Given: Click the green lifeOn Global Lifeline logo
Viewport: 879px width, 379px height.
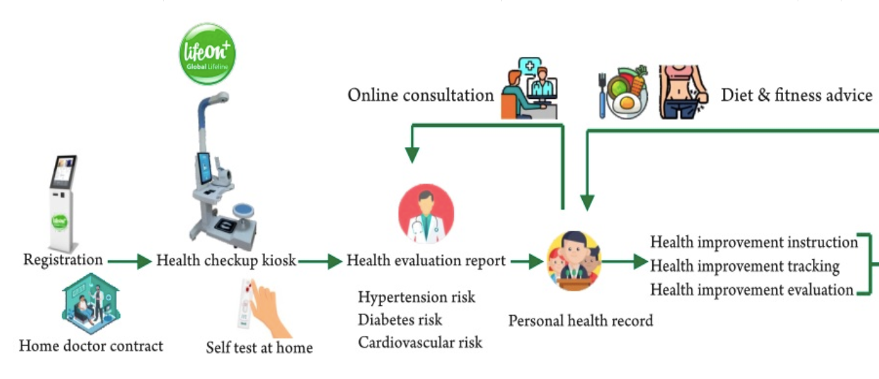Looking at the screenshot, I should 207,54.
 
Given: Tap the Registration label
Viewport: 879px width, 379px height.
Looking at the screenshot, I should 63,260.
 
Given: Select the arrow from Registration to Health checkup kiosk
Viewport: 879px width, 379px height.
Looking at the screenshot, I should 130,261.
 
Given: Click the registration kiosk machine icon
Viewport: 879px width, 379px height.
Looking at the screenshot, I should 63,202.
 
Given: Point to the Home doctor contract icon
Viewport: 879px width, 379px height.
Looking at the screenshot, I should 91,304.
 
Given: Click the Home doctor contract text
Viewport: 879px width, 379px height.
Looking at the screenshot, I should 91,346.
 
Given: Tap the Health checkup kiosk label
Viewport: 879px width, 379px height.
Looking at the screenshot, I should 226,261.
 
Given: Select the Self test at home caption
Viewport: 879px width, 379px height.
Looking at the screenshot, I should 259,347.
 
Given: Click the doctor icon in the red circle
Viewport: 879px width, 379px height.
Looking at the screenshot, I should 426,214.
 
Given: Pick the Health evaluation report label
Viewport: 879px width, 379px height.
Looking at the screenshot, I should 426,261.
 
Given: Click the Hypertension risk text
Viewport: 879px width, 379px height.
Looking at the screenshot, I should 417,297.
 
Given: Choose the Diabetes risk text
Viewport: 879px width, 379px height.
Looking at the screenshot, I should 400,320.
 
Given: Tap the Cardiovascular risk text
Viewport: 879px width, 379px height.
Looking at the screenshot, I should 420,342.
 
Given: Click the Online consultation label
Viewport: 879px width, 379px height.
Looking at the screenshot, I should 421,95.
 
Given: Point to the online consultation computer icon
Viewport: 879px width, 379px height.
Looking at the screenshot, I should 529,89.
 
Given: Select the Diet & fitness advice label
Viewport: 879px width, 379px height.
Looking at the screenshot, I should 796,95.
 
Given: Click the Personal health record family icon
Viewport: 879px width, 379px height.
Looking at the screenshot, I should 574,261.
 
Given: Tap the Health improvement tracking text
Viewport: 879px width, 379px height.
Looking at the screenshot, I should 745,266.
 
